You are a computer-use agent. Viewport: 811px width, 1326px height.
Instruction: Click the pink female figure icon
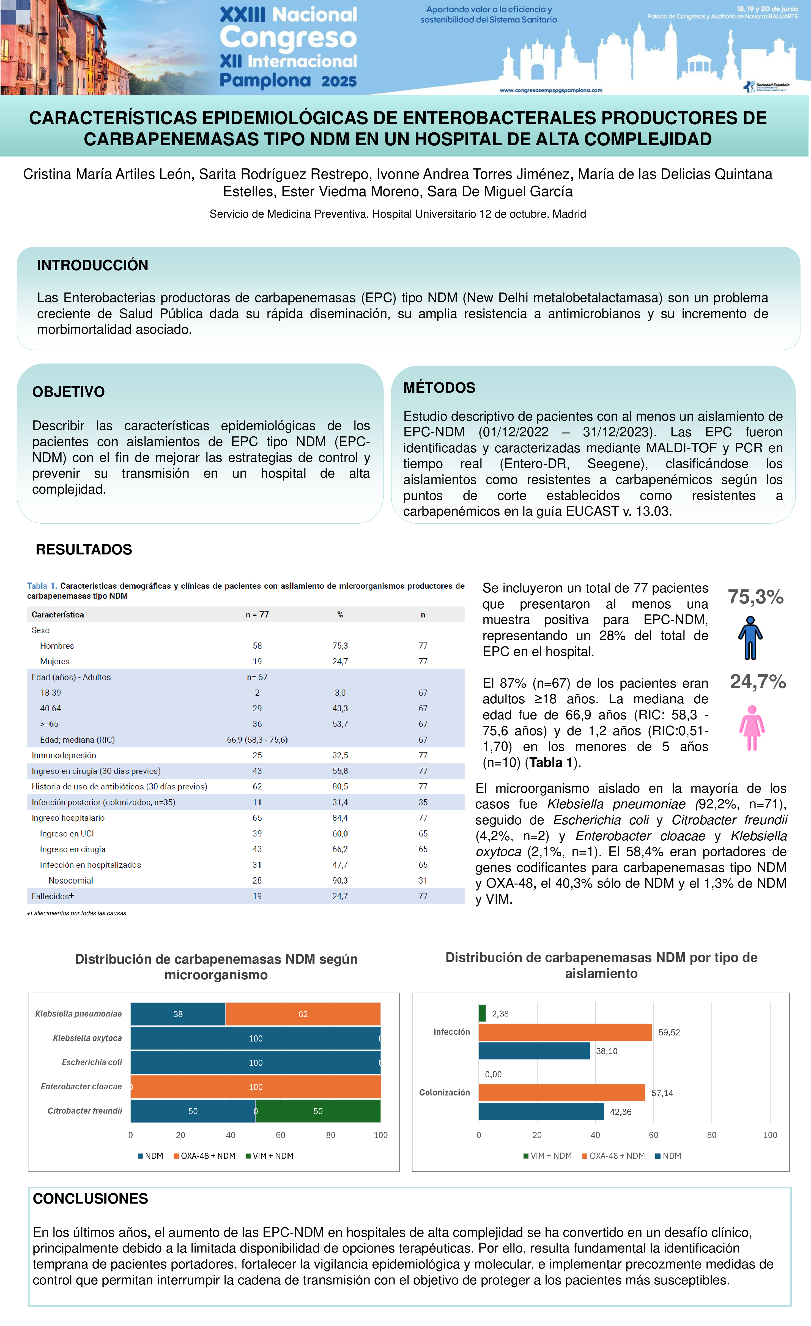click(x=752, y=728)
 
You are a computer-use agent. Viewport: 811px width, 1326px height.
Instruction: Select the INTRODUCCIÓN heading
click(x=92, y=265)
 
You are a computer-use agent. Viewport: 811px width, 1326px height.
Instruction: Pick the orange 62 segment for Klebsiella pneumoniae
click(x=303, y=1014)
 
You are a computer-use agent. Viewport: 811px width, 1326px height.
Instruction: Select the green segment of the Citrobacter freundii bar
click(x=318, y=1111)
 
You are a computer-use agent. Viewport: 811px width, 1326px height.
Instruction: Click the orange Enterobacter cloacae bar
click(x=256, y=1087)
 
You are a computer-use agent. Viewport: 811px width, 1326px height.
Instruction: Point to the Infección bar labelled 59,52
click(x=565, y=1032)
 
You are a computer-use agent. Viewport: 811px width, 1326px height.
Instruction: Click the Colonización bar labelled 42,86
click(x=541, y=1112)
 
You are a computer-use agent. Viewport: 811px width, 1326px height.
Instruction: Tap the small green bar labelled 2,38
click(x=482, y=1013)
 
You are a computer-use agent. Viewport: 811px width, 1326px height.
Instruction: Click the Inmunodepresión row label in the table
click(x=64, y=756)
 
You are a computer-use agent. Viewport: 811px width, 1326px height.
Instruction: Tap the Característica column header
click(x=57, y=614)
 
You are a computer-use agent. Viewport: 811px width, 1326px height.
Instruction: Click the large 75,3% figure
click(x=756, y=597)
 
